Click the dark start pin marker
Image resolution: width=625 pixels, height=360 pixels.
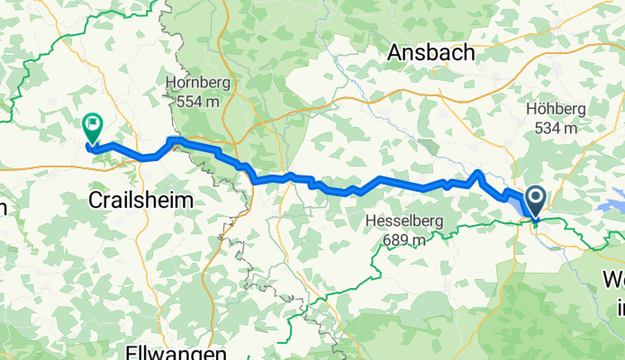(x=535, y=201)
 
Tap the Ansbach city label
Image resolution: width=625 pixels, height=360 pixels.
(x=430, y=53)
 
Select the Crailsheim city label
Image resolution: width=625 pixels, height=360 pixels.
(x=141, y=201)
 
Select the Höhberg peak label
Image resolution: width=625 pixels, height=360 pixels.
(x=556, y=109)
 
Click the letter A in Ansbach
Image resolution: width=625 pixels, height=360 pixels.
(x=394, y=53)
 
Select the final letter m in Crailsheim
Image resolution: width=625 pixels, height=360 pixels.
(x=186, y=201)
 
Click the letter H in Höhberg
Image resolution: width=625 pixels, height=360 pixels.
(x=530, y=109)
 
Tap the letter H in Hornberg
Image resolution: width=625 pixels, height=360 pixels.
(x=169, y=83)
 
